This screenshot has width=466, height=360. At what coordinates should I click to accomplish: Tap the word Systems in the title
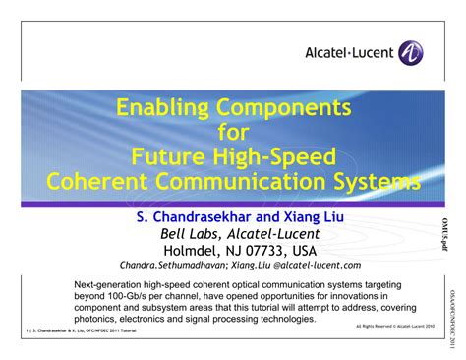pyautogui.click(x=378, y=181)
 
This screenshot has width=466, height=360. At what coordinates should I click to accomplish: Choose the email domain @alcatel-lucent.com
pyautogui.click(x=317, y=266)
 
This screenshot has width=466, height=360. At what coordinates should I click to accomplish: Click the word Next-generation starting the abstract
pyautogui.click(x=111, y=285)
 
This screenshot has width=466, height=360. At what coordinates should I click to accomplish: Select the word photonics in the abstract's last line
pyautogui.click(x=99, y=320)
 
